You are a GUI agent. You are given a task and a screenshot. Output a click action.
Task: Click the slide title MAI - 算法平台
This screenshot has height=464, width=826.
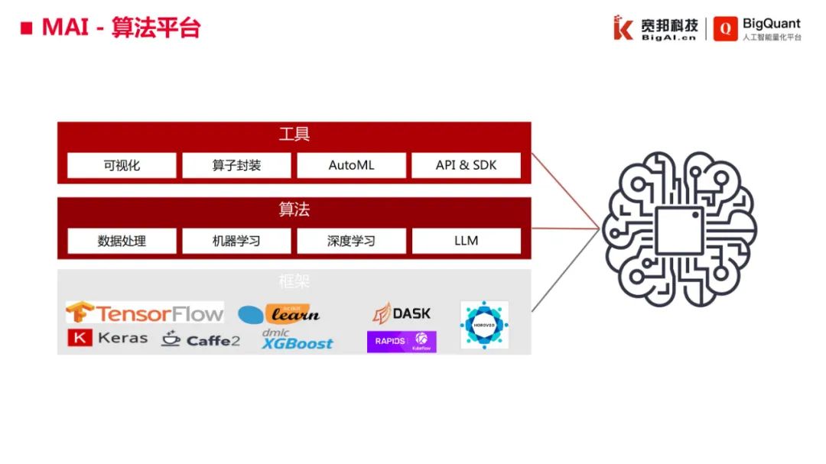(121, 28)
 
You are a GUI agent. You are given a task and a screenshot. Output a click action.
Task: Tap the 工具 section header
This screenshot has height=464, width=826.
(294, 135)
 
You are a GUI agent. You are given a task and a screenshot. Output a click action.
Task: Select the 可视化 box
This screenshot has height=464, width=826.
(122, 165)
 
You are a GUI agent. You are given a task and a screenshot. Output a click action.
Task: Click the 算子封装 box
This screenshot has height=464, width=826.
(236, 165)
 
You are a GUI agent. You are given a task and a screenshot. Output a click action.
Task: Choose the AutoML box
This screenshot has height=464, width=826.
(351, 165)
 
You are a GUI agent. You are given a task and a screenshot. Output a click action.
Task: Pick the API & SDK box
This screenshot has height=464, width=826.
(466, 165)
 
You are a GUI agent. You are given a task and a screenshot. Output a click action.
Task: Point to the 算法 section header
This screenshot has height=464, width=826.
(294, 209)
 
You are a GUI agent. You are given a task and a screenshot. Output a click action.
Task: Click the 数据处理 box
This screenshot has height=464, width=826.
(122, 241)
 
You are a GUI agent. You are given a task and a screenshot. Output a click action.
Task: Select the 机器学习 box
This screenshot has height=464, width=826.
(236, 241)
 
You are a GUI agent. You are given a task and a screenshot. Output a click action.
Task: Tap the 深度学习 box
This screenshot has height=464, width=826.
(351, 241)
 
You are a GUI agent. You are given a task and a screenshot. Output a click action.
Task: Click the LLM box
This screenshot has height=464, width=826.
(466, 241)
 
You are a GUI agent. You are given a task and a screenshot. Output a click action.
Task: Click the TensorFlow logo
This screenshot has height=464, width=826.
(145, 312)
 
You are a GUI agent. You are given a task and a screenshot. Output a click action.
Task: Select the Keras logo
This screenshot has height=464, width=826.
(108, 338)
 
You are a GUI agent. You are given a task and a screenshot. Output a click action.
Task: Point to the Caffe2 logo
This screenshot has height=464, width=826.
(200, 339)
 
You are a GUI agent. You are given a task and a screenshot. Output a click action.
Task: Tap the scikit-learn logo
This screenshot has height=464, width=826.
(279, 313)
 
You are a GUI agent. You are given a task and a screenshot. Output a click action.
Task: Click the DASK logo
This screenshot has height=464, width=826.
(402, 313)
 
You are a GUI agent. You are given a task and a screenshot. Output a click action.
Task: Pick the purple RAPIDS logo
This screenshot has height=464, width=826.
(402, 341)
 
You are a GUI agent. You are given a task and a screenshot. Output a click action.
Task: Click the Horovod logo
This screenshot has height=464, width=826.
(484, 325)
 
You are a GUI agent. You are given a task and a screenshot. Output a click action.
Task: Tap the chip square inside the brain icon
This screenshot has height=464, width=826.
(679, 230)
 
